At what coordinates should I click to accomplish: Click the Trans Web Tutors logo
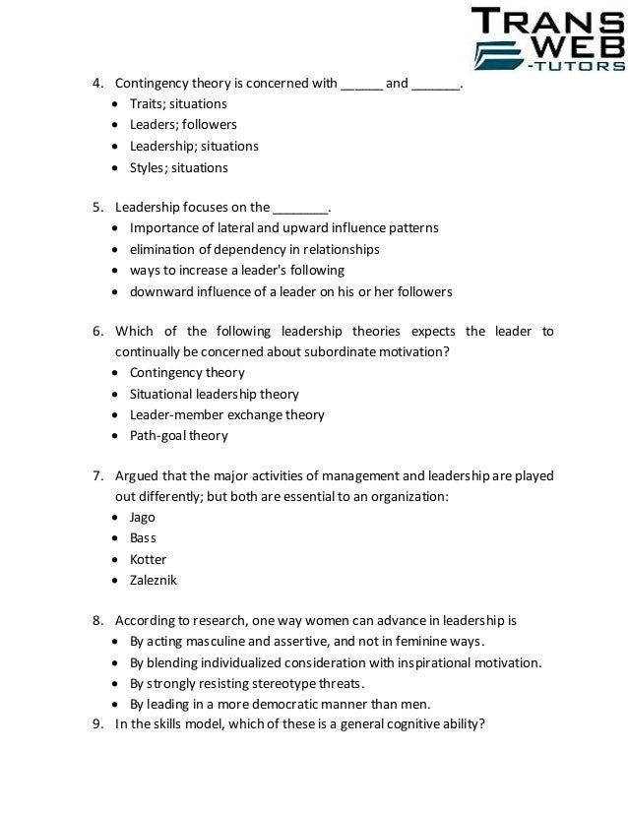tap(548, 38)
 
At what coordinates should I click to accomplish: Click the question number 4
tap(98, 83)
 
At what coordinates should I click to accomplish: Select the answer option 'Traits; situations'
tap(178, 103)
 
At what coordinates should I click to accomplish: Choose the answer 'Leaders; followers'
tap(183, 125)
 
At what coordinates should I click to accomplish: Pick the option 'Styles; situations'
tap(178, 167)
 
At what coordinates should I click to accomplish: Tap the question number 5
tap(98, 207)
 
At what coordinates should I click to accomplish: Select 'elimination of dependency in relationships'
tap(254, 249)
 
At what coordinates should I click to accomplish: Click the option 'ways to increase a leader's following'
tap(237, 270)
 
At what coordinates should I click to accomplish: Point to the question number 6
tap(98, 332)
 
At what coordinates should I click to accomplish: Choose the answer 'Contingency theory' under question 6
tap(187, 373)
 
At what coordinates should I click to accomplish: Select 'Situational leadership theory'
tap(214, 394)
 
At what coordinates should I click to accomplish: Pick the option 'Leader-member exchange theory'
tap(226, 415)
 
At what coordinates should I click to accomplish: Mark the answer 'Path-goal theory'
tap(178, 436)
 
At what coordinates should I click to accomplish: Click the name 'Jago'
tap(143, 517)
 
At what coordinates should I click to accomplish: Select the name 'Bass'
tap(143, 538)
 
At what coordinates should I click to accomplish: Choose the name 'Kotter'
tap(148, 559)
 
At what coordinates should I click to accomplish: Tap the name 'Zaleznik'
tap(153, 581)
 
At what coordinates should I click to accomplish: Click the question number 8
tap(98, 621)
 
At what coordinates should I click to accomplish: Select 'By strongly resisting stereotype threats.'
tap(246, 683)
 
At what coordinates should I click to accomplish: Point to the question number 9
tap(98, 726)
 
